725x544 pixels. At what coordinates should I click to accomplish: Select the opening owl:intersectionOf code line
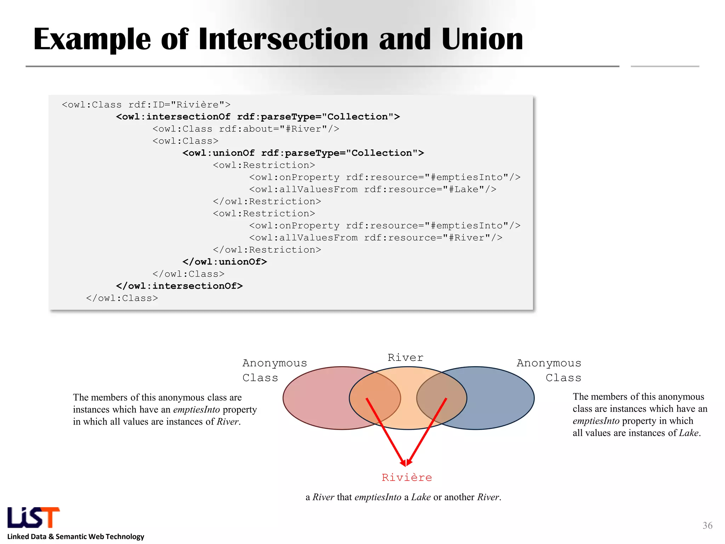click(x=258, y=117)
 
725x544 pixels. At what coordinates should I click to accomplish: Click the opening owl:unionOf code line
click(x=303, y=153)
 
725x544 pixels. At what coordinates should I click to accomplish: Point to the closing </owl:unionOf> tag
click(x=224, y=262)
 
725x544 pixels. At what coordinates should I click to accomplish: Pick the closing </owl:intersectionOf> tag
click(x=179, y=286)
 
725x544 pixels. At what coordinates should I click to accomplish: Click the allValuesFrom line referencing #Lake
click(x=372, y=189)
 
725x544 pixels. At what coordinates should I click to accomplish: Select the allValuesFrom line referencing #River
click(x=375, y=238)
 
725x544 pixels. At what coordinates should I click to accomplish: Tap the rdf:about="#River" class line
click(x=246, y=129)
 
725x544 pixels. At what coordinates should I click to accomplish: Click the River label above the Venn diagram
click(x=405, y=357)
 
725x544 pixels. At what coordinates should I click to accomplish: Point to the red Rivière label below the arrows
click(x=407, y=477)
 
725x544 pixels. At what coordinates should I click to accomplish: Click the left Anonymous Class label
click(x=274, y=370)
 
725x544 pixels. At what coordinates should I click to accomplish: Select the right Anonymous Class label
click(x=549, y=370)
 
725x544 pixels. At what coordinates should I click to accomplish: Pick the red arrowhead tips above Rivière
click(x=406, y=463)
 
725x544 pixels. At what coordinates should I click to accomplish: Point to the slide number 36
click(x=707, y=525)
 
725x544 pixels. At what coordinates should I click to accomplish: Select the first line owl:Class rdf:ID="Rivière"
click(x=146, y=105)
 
